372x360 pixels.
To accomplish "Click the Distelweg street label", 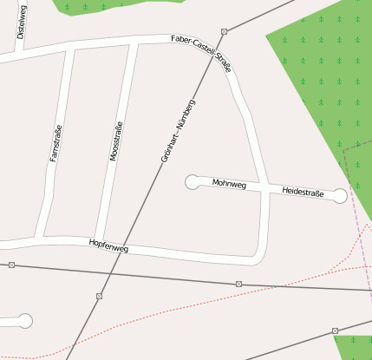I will [x=22, y=22].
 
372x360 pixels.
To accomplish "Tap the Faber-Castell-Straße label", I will [x=201, y=50].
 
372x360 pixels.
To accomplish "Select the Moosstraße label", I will [x=115, y=141].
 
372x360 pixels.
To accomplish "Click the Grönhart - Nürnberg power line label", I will [x=178, y=131].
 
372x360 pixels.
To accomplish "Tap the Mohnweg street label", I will [x=229, y=185].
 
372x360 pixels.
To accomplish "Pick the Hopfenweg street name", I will [x=108, y=246].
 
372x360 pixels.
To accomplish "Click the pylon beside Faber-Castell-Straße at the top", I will [x=224, y=31].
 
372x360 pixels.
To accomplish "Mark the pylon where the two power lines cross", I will [x=100, y=296].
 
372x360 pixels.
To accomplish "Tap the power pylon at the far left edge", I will [x=10, y=265].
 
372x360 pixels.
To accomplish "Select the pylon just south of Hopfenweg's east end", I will [x=238, y=284].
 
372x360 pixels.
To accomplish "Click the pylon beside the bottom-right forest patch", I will [x=335, y=331].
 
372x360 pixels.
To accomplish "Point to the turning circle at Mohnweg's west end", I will [x=192, y=181].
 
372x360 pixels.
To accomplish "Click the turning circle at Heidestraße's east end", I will [x=340, y=196].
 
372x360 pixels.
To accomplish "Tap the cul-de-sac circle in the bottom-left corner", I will [x=24, y=321].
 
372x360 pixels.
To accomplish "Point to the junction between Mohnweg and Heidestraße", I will [x=264, y=188].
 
